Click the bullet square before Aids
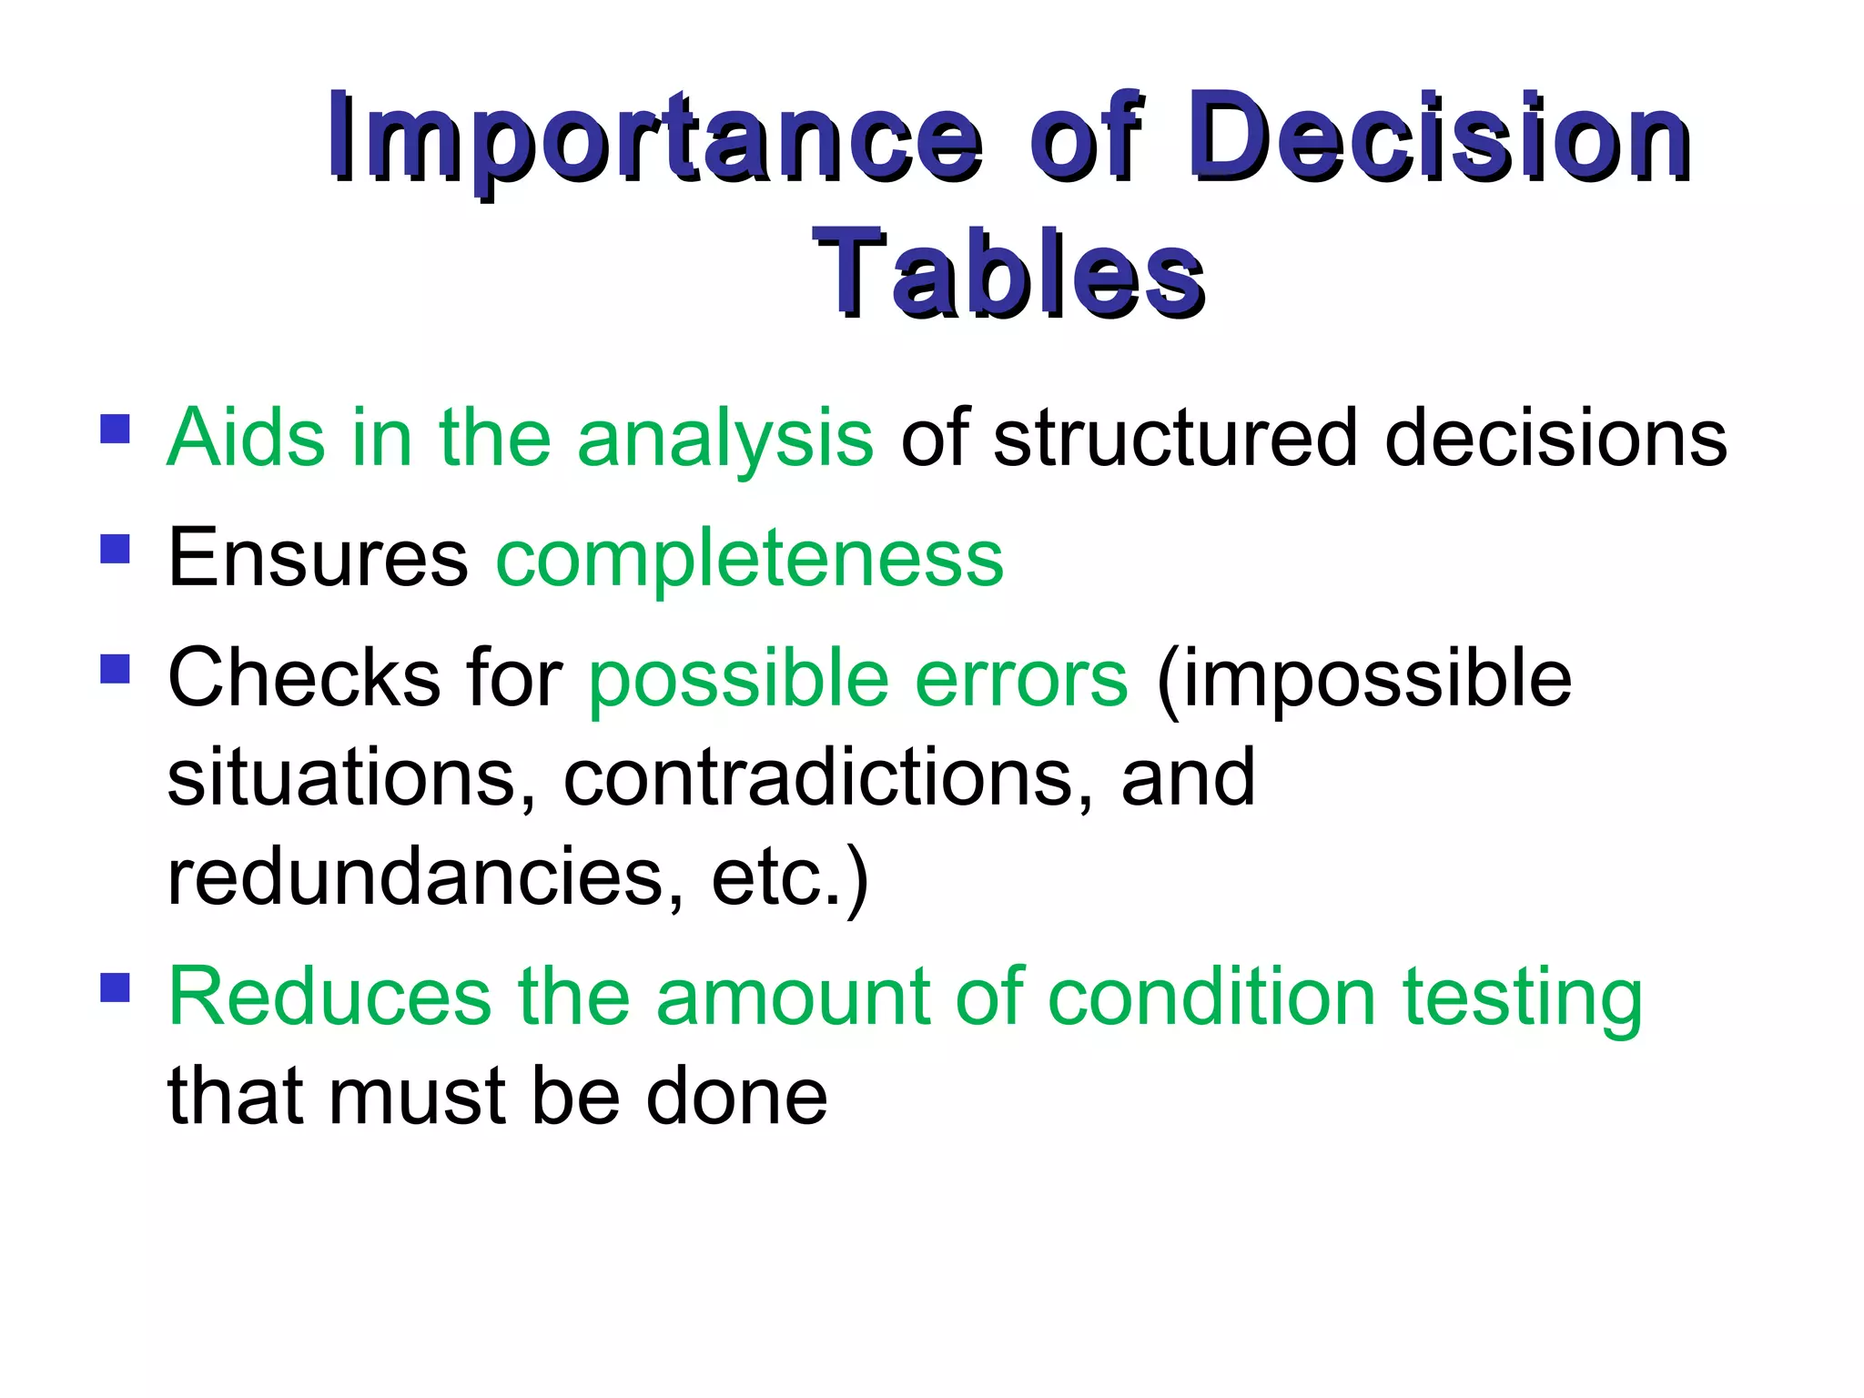(x=116, y=429)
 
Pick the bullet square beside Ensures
(x=116, y=549)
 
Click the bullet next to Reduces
(x=116, y=988)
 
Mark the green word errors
(x=1021, y=680)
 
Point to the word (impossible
(x=1363, y=680)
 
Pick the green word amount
(x=793, y=998)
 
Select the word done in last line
(x=736, y=1097)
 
